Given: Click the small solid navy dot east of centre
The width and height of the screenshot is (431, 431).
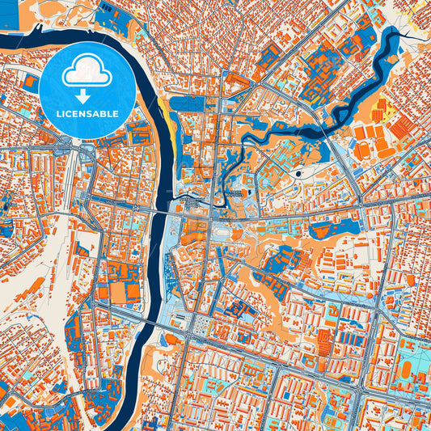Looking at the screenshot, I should [299, 172].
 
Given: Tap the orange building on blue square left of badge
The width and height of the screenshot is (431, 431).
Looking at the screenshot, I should [30, 82].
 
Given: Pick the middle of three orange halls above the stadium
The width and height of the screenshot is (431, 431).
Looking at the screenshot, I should [373, 131].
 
